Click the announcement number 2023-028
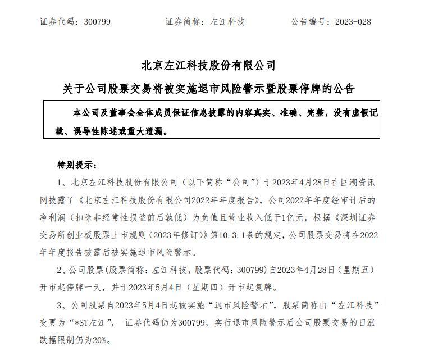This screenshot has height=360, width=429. (353, 22)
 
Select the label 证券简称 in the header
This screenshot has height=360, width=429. (183, 22)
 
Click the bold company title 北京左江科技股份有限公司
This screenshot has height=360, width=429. (209, 66)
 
